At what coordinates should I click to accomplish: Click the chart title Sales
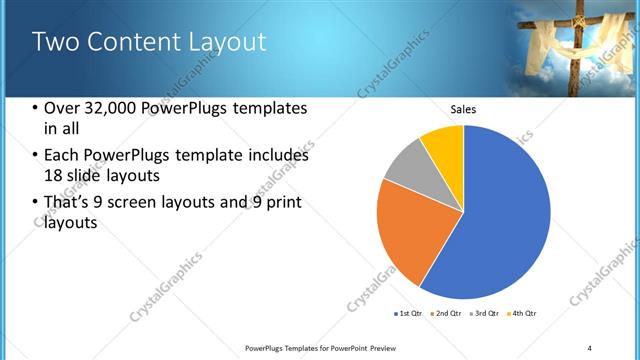[463, 109]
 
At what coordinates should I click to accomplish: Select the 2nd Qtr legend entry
[447, 314]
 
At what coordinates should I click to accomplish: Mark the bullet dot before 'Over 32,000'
[36, 108]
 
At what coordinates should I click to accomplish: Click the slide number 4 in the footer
[589, 347]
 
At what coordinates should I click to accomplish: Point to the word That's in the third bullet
[69, 203]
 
